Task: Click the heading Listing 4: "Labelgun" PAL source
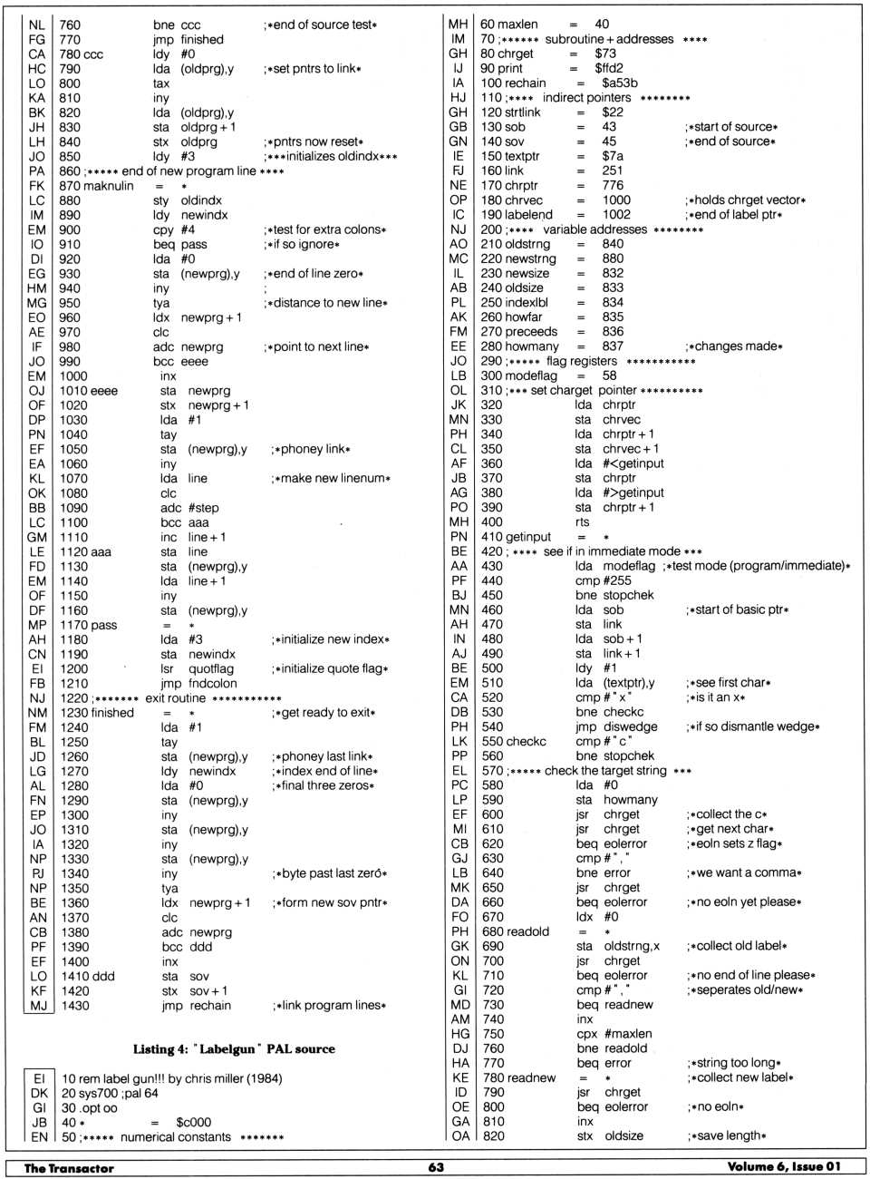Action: click(x=234, y=1049)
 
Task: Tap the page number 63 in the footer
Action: click(x=436, y=1167)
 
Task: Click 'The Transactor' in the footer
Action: click(x=69, y=1168)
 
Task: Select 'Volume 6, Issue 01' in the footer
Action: click(x=784, y=1167)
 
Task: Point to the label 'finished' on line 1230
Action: click(x=110, y=713)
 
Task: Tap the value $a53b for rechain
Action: click(x=619, y=83)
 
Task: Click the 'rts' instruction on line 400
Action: click(x=583, y=522)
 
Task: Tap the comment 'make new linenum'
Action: click(x=331, y=479)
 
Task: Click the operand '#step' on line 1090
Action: click(x=203, y=508)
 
